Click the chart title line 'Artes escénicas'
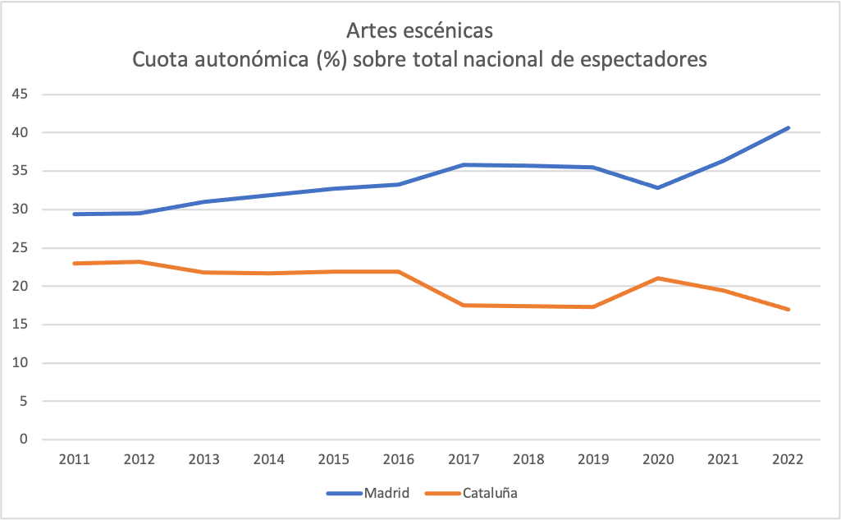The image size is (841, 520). [x=420, y=31]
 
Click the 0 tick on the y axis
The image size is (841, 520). [x=25, y=439]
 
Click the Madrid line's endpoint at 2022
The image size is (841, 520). [x=788, y=127]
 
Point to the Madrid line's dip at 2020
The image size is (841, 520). [x=658, y=188]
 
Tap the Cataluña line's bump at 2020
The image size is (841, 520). [x=658, y=278]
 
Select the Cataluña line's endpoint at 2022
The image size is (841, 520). [x=788, y=310]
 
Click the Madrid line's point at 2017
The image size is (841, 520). [x=463, y=164]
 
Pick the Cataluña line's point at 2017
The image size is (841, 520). [x=463, y=305]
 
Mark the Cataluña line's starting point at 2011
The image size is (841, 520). [x=74, y=263]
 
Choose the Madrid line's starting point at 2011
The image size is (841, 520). [x=74, y=214]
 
